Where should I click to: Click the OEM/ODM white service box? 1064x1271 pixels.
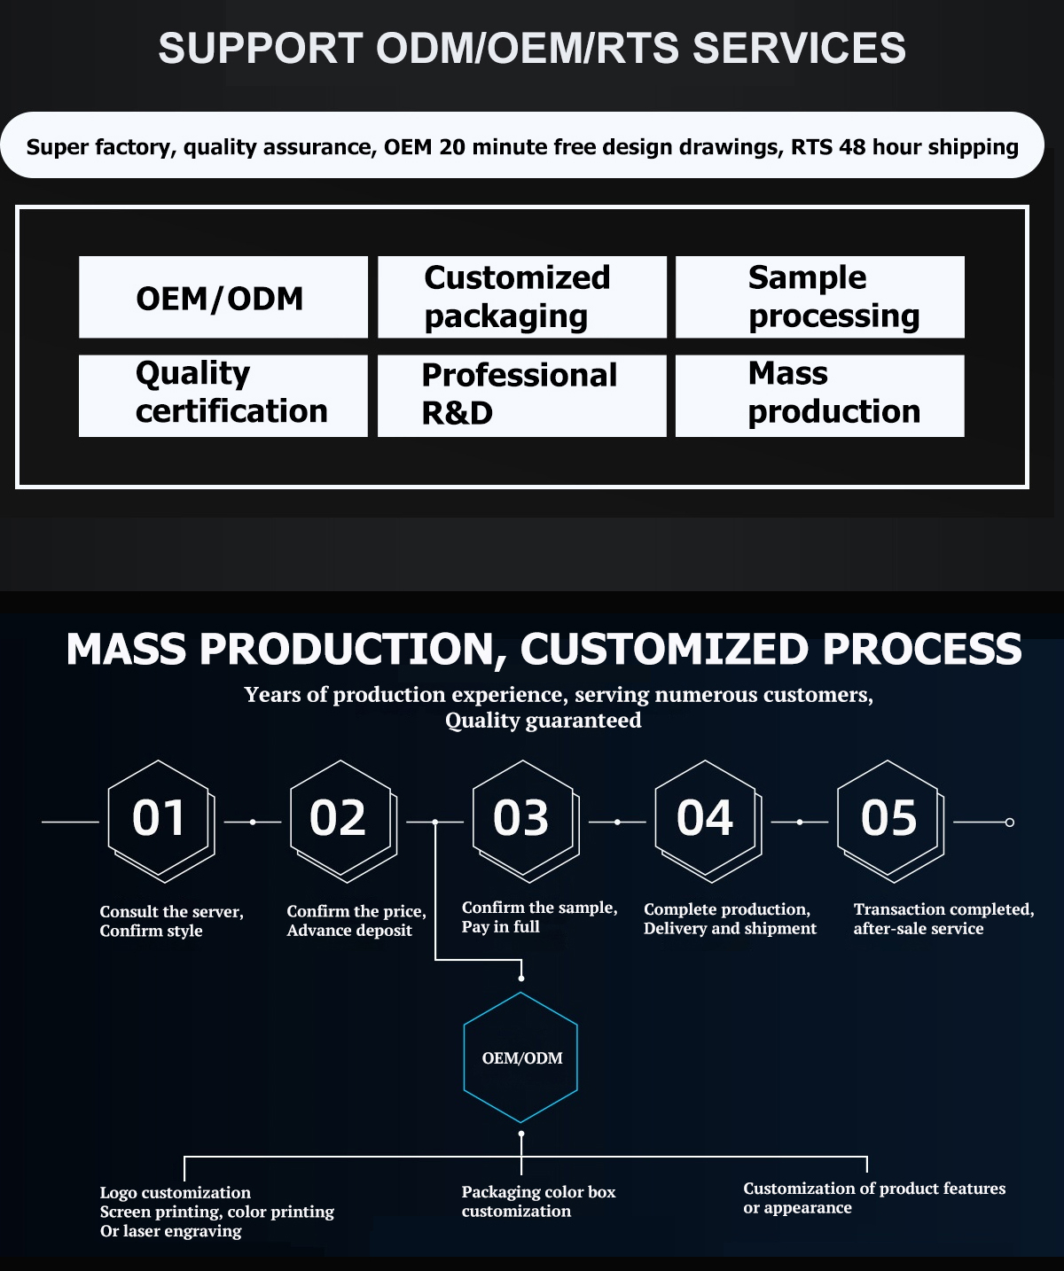[x=223, y=297]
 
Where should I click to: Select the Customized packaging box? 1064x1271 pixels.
[x=521, y=297]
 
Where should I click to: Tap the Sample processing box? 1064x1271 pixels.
[x=819, y=297]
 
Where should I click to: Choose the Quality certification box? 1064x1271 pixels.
[x=223, y=395]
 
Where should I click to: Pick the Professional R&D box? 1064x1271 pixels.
[x=521, y=395]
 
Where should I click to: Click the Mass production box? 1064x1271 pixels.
[x=819, y=395]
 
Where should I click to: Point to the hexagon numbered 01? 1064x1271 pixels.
[x=160, y=819]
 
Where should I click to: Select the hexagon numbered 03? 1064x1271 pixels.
[x=523, y=819]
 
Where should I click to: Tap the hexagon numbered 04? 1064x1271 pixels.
[x=706, y=819]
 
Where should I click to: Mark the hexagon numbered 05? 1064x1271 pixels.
[x=888, y=819]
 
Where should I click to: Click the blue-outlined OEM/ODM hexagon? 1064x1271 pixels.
[x=521, y=1057]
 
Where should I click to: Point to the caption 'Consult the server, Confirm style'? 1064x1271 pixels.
[x=171, y=921]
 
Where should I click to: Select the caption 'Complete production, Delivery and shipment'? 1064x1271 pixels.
[x=730, y=919]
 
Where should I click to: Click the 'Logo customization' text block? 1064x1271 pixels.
[x=216, y=1212]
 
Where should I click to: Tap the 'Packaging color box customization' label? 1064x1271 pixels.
[x=538, y=1202]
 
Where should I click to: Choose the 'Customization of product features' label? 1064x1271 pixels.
[x=873, y=1197]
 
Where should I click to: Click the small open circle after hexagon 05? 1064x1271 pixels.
[x=1009, y=823]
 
